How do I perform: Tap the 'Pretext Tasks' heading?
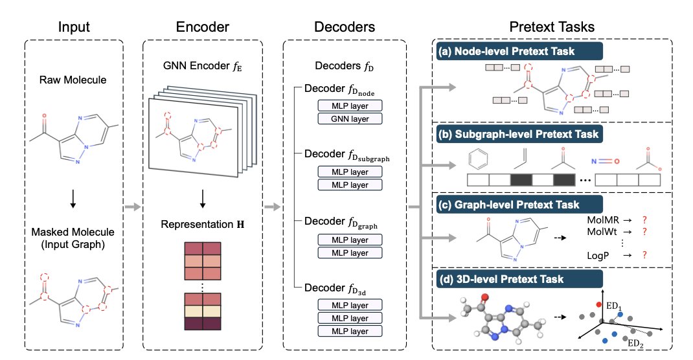(x=551, y=27)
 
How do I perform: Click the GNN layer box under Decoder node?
(x=350, y=118)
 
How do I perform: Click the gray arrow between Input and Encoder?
(x=133, y=207)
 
